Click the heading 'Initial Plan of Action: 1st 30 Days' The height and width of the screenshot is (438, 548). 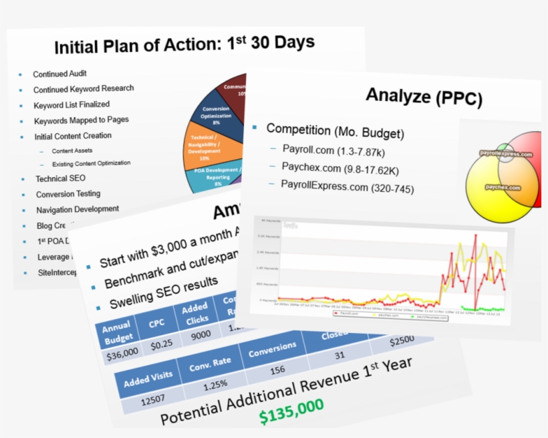tap(184, 45)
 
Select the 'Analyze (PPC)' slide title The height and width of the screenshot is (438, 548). tap(424, 97)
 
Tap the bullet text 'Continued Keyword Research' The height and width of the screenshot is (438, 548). tap(84, 89)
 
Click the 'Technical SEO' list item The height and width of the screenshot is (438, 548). tap(61, 179)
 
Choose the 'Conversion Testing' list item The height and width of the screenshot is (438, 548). tap(68, 194)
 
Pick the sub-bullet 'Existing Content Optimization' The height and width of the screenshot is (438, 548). tap(92, 163)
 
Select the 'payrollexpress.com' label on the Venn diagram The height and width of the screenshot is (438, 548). tap(506, 154)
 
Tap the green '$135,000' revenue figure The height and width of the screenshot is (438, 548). tap(291, 410)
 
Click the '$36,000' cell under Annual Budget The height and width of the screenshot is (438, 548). tap(122, 352)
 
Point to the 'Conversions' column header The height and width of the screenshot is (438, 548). tap(272, 348)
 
